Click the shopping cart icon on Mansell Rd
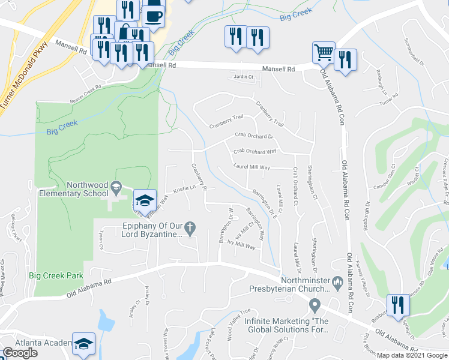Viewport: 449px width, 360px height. tap(324, 52)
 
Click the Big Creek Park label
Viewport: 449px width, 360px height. tap(55, 275)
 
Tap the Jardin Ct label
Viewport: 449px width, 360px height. tap(244, 77)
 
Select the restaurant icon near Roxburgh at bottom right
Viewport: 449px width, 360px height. tap(397, 305)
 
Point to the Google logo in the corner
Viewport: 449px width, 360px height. tap(20, 353)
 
